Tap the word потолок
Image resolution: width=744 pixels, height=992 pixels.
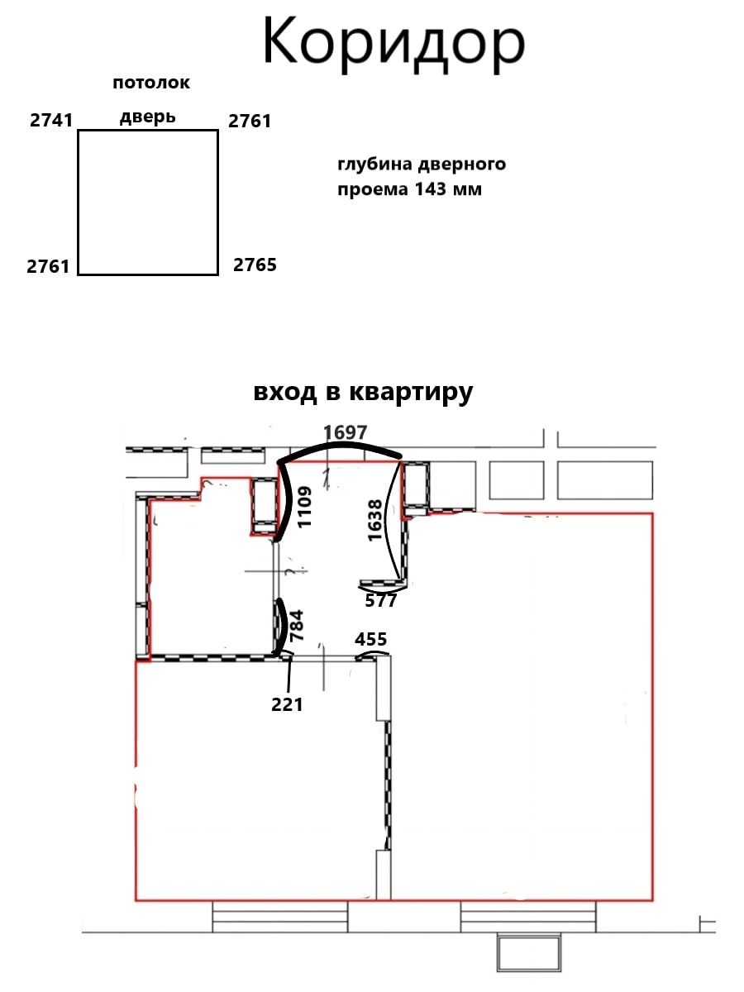pos(151,83)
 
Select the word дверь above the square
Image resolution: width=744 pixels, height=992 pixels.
pos(148,117)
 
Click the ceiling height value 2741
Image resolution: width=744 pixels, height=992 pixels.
pos(51,120)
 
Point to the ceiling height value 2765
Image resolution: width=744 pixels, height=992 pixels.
pos(255,265)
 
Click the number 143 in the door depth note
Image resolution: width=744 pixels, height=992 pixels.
pos(431,189)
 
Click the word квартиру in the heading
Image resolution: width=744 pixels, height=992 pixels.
pos(411,393)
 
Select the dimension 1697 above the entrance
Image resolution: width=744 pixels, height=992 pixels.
pos(346,433)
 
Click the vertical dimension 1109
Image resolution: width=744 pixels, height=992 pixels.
pos(305,507)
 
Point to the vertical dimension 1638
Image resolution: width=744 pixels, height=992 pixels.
pos(375,520)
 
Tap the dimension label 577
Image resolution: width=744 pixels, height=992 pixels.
pos(381,601)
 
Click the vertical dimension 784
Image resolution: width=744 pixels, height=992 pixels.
pos(297,626)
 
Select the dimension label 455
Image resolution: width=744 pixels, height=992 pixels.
pos(371,640)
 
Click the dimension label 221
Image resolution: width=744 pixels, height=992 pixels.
pos(287,704)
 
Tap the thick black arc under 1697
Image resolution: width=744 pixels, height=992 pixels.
pos(340,446)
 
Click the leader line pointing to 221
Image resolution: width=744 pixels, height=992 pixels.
pos(289,675)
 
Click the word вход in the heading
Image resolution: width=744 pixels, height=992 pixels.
pos(284,393)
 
